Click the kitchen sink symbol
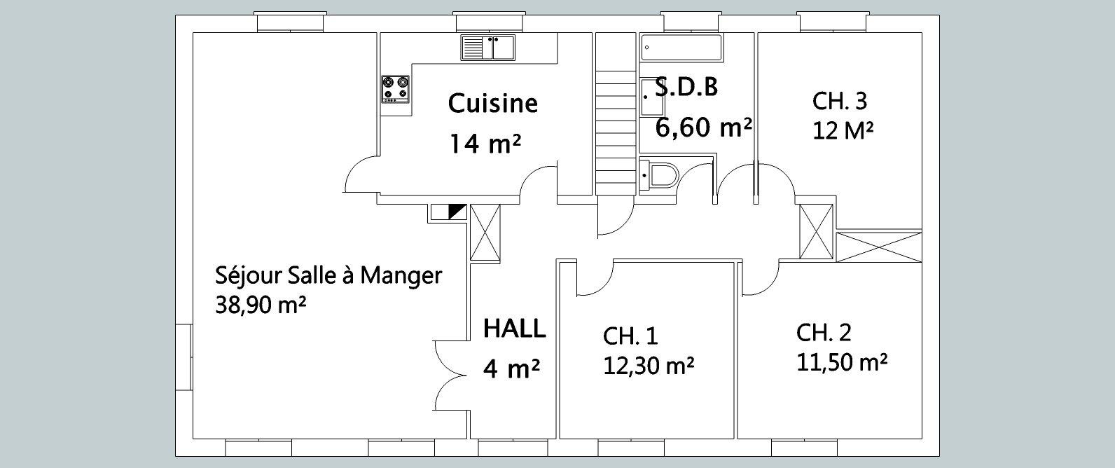487,48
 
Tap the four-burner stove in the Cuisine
396,89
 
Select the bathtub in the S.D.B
681,48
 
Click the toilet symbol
659,175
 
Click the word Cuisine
493,104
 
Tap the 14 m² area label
485,144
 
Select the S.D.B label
686,87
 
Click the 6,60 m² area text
703,128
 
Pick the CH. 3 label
840,101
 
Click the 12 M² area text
843,132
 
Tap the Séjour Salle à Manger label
328,275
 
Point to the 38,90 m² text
261,305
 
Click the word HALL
515,329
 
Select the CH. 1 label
630,336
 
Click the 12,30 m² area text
649,366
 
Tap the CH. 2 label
824,333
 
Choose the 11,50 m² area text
842,362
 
